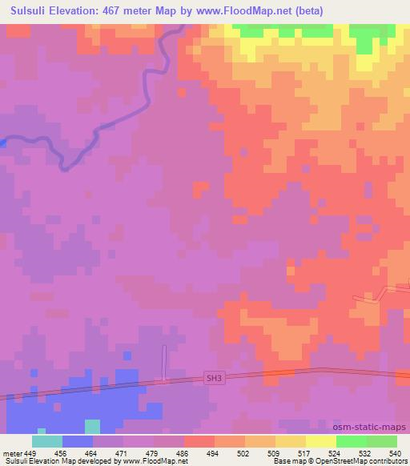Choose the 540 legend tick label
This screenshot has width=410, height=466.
coord(396,452)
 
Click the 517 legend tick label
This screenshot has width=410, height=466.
coord(305,452)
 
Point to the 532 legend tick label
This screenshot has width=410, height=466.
coord(366,452)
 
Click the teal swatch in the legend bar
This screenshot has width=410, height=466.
coord(47,441)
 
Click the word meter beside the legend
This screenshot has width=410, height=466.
coord(11,452)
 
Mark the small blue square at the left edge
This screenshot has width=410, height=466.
coord(2,143)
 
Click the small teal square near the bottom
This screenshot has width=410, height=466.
coord(93,426)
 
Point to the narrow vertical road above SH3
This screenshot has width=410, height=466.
coord(164,362)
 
